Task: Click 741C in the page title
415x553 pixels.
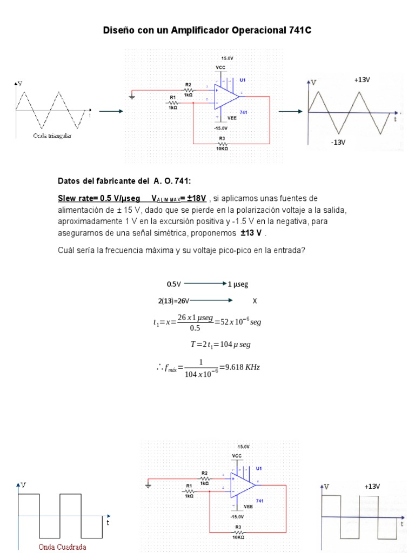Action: (x=297, y=31)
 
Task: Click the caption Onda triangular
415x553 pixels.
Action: (x=52, y=136)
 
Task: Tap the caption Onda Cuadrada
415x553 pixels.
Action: (x=62, y=547)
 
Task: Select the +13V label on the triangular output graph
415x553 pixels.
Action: (x=362, y=80)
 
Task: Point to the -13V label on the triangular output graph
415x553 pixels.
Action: (x=338, y=143)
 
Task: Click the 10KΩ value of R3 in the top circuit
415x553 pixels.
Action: (x=222, y=149)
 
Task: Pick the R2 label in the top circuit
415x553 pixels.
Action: (x=188, y=85)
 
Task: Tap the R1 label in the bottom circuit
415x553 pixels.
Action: (x=189, y=486)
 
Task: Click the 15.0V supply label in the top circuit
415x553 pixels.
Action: (x=227, y=57)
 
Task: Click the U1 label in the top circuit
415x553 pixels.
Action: (x=243, y=80)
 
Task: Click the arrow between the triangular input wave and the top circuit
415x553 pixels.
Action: (x=111, y=111)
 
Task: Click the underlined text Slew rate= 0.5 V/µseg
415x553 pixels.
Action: (x=99, y=198)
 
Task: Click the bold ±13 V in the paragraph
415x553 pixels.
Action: (x=251, y=233)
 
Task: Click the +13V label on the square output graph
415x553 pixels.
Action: (x=372, y=487)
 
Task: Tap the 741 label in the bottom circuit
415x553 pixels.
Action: (x=260, y=501)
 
